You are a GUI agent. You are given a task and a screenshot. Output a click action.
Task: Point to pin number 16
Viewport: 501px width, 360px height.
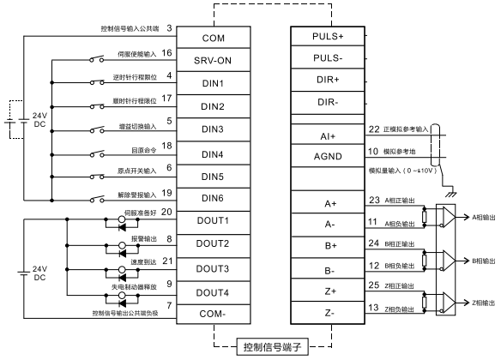click(x=167, y=53)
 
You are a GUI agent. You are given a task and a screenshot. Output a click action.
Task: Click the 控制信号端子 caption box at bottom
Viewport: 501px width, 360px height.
click(x=270, y=347)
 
